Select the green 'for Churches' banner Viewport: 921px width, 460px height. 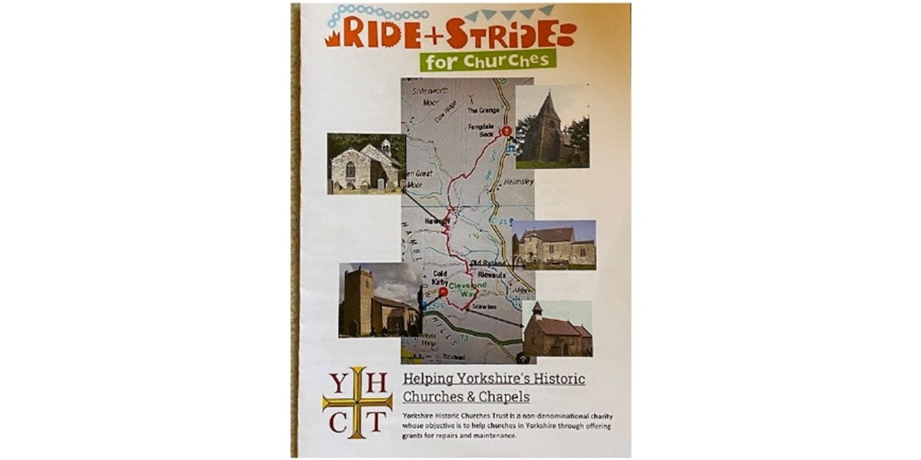click(487, 60)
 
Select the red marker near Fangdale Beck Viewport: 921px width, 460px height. click(506, 131)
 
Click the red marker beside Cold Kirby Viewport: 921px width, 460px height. click(443, 292)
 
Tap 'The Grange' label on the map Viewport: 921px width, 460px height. click(484, 111)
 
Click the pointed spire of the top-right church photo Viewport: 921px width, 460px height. click(549, 104)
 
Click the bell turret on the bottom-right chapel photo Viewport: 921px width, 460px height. click(536, 309)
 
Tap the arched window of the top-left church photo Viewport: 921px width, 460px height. click(350, 169)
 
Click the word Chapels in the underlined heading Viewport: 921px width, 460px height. click(503, 397)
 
